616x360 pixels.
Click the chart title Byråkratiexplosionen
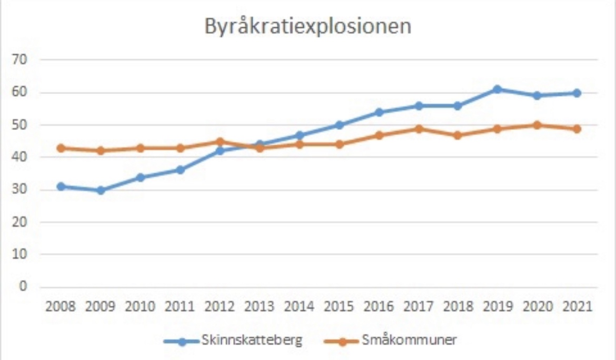tap(307, 27)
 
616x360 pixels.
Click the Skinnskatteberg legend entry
tap(251, 340)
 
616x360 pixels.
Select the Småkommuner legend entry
tap(410, 340)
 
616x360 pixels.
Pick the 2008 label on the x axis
tap(61, 307)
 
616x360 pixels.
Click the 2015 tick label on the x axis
tap(339, 307)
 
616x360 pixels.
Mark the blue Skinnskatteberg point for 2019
tap(498, 89)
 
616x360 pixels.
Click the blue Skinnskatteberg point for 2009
tap(101, 191)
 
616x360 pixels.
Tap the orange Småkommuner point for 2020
tap(537, 125)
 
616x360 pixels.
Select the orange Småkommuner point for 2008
tap(61, 148)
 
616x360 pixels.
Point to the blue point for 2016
tap(379, 112)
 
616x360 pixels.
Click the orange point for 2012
tap(220, 142)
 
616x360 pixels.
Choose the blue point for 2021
tap(577, 93)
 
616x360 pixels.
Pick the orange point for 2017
tap(419, 128)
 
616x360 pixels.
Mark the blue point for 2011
tap(180, 170)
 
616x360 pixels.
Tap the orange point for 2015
tap(339, 144)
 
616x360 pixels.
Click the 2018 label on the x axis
tap(458, 307)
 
